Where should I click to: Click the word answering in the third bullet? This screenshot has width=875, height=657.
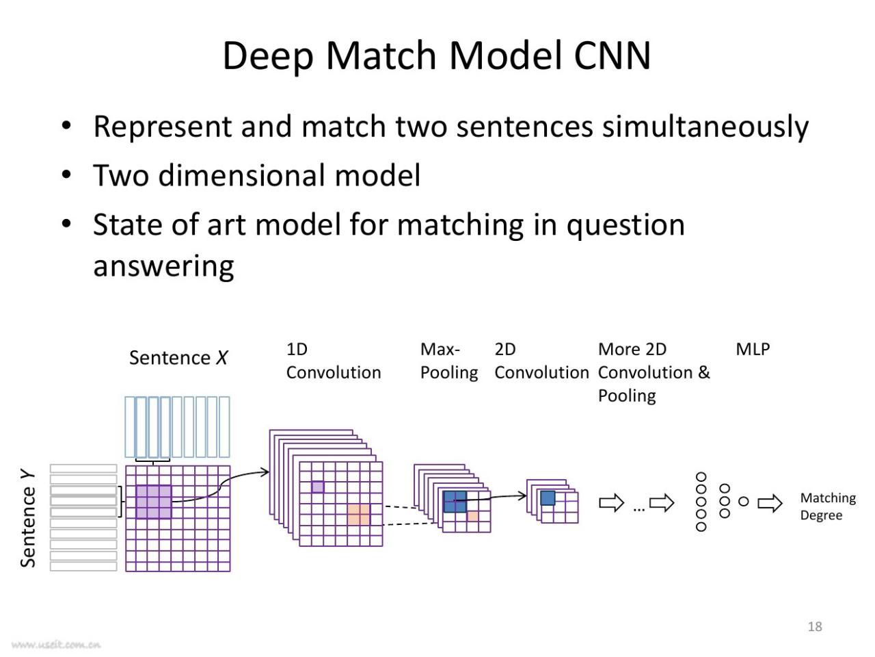(163, 267)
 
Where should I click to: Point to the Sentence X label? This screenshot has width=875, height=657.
(178, 357)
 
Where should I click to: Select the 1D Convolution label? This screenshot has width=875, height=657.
(334, 361)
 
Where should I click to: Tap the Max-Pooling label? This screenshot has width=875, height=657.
(449, 361)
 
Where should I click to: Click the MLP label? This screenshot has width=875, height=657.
(753, 350)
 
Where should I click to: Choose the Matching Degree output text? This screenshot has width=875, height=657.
(828, 506)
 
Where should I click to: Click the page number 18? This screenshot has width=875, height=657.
(815, 626)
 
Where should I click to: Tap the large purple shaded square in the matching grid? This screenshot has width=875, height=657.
(154, 502)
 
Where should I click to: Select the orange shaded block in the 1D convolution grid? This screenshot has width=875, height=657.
(359, 515)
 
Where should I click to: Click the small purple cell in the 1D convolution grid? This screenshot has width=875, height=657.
(318, 487)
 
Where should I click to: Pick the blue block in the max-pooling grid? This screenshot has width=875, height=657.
(455, 502)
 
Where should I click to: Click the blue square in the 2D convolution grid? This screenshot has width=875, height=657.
(548, 498)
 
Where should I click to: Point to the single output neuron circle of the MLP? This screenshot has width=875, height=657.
(744, 502)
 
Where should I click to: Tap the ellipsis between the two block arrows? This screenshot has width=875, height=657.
(638, 509)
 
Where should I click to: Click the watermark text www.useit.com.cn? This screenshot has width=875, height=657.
(56, 645)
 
